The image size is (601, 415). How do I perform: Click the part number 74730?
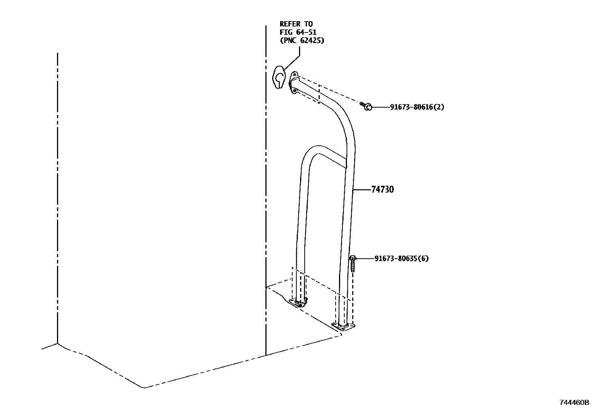pyautogui.click(x=382, y=189)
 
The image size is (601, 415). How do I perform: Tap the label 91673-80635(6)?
pyautogui.click(x=401, y=259)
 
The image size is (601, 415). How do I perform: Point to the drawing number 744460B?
pyautogui.click(x=574, y=403)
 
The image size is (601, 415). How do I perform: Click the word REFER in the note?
pyautogui.click(x=289, y=24)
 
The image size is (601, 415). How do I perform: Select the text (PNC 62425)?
pyautogui.click(x=302, y=40)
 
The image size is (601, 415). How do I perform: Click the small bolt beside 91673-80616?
pyautogui.click(x=366, y=106)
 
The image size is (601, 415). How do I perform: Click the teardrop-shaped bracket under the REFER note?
pyautogui.click(x=279, y=77)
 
